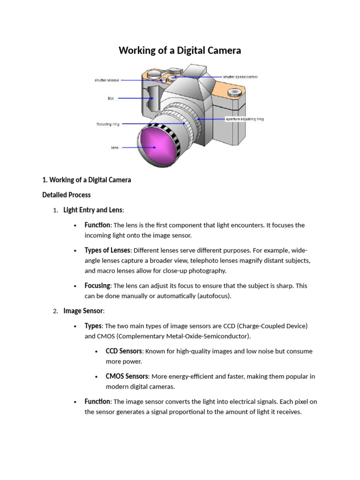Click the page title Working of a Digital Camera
180,50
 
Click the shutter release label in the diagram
107,80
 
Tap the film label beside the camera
111,98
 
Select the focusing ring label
108,124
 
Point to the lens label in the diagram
115,148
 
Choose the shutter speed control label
240,77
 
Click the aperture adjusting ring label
244,119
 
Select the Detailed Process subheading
67,195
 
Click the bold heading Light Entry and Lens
93,210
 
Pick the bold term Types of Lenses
107,250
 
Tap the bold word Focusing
97,285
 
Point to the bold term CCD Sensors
124,351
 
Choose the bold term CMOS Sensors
127,376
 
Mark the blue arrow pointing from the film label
133,98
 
